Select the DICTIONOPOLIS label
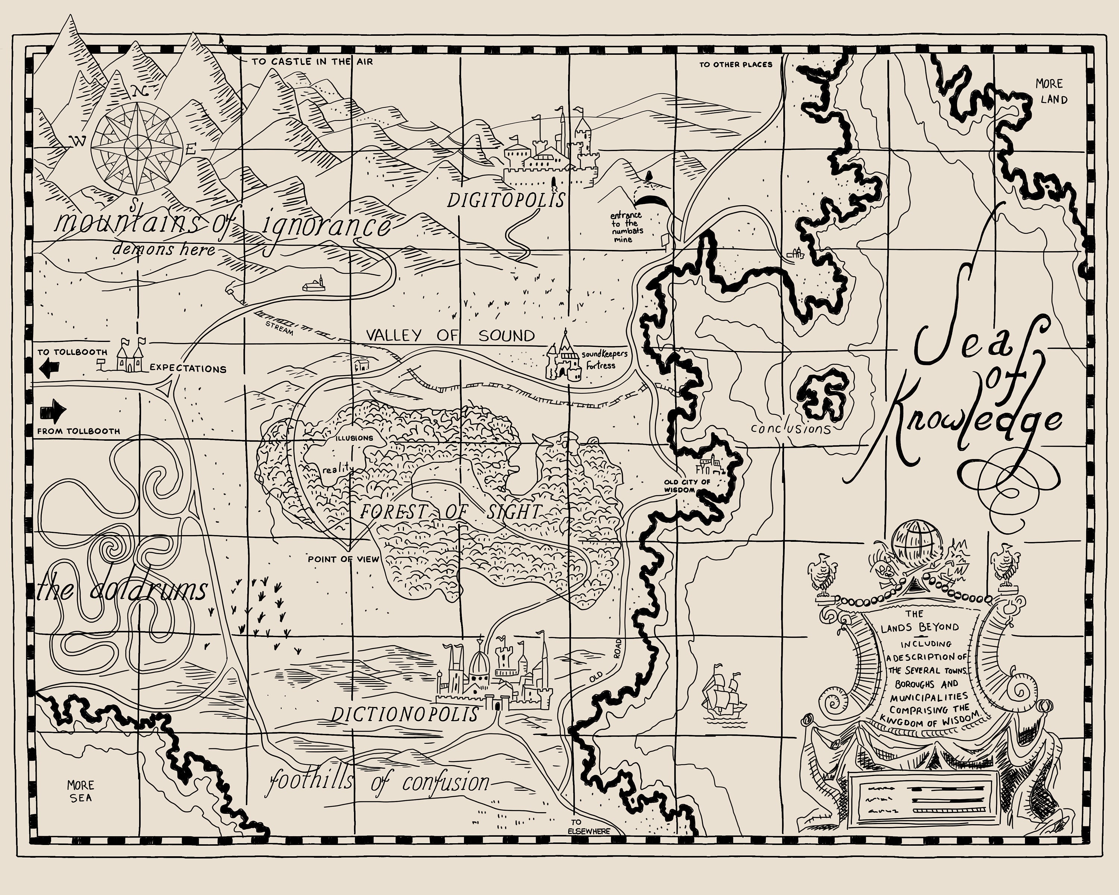405,715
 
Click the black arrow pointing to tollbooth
50,369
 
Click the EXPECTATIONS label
188,369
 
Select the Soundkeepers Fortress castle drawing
563,358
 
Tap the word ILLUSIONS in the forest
354,438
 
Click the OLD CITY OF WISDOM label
687,486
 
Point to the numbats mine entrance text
626,227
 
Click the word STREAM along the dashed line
279,328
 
